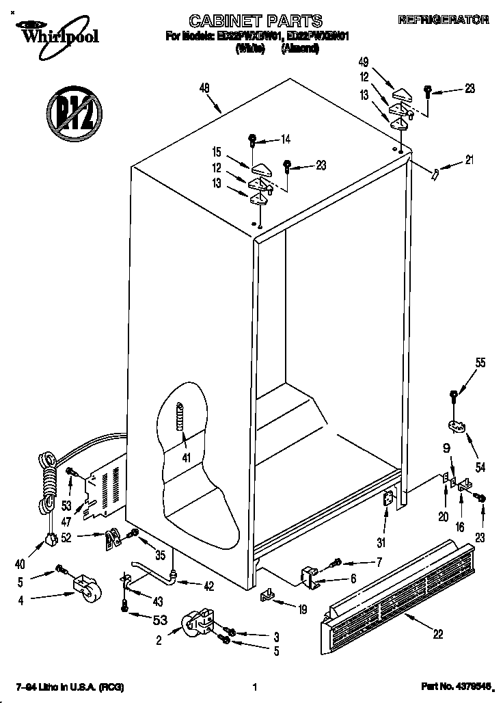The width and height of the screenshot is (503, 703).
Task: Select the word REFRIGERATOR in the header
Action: (444, 20)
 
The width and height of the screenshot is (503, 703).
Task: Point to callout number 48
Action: (204, 87)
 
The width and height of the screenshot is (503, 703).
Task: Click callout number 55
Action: (480, 363)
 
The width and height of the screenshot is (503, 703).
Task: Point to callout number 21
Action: (468, 161)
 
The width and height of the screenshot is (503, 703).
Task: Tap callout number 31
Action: (381, 543)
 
